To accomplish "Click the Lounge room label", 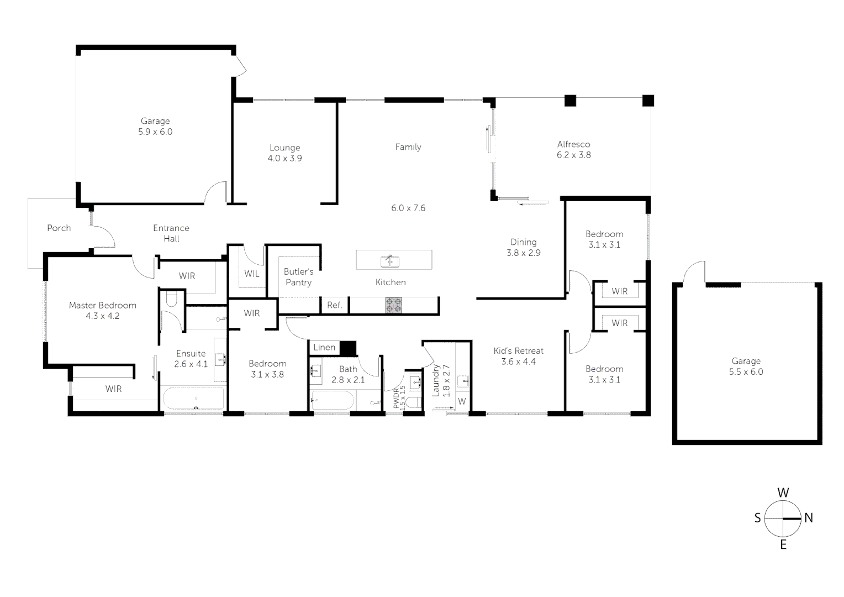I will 285,148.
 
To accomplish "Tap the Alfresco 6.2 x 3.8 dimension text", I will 574,155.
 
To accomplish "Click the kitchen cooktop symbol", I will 394,305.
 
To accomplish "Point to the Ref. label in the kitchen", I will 335,305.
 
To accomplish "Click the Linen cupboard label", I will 324,347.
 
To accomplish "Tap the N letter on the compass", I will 809,518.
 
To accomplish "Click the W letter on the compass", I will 783,493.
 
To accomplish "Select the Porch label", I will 59,228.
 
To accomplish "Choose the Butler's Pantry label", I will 299,277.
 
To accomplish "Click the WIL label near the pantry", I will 252,274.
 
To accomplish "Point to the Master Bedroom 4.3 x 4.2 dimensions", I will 103,316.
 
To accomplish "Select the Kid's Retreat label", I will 519,351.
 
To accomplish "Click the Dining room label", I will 524,242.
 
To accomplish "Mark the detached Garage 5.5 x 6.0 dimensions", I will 746,372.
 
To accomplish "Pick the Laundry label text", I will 435,380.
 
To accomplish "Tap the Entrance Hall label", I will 171,233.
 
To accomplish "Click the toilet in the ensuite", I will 171,298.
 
